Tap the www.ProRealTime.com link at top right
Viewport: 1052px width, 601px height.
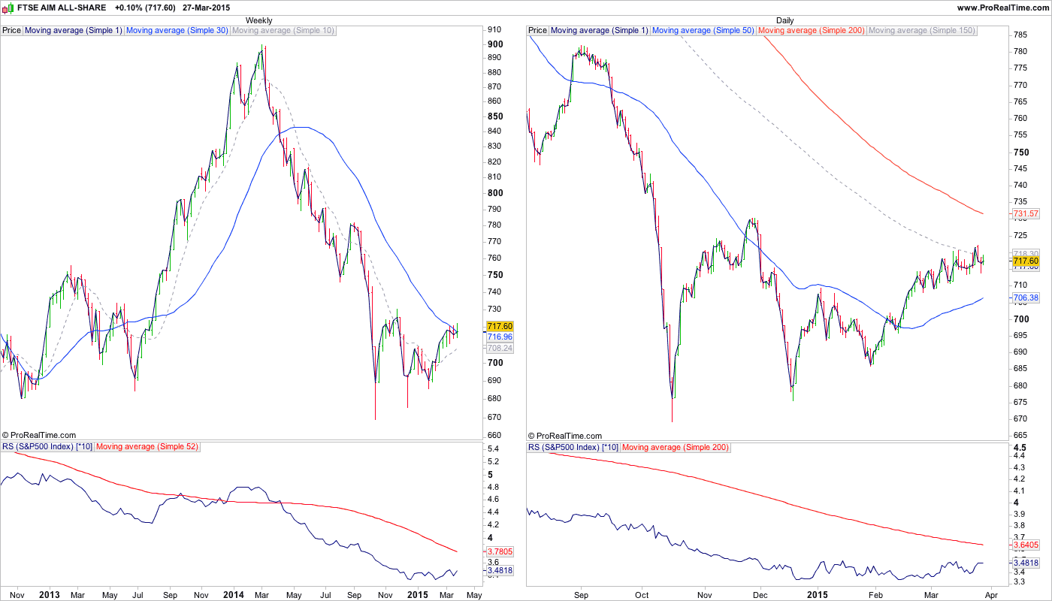(x=1002, y=8)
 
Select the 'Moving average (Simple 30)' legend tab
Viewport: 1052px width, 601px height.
(x=177, y=31)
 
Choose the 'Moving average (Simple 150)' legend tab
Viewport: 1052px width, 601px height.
(x=921, y=31)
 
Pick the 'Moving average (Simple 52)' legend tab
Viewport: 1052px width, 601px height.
(x=147, y=448)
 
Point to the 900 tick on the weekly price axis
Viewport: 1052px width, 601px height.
(x=494, y=44)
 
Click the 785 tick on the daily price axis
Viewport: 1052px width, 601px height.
(x=1020, y=35)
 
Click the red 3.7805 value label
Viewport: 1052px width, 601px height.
(x=500, y=551)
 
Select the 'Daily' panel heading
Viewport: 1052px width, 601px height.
(x=784, y=20)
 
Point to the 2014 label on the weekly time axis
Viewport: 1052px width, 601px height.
(x=233, y=595)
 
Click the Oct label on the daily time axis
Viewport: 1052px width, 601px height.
(x=641, y=595)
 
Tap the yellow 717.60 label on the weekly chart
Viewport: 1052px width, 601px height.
(x=500, y=326)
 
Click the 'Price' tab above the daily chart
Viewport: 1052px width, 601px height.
(x=537, y=31)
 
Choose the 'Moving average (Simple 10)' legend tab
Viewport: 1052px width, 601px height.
(x=283, y=31)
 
